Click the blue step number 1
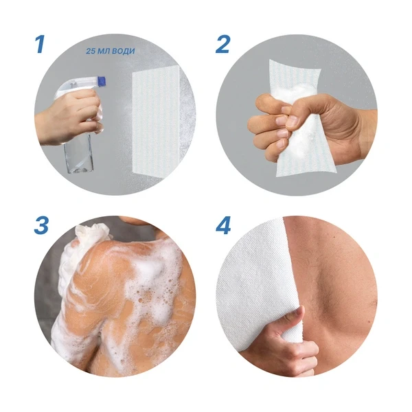point(40,44)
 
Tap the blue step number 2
point(222,44)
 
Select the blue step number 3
point(41,225)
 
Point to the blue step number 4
point(223,225)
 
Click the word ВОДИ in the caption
point(123,51)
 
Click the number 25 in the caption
point(91,51)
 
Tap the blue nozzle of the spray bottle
point(102,81)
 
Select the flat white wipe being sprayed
point(156,120)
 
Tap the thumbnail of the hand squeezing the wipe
point(292,121)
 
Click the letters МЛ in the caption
point(104,51)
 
